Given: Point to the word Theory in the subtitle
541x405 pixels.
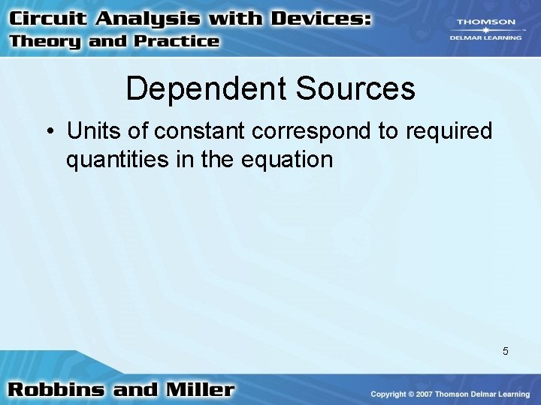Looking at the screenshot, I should tap(46, 41).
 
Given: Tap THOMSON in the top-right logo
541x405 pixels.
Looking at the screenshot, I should tap(487, 22).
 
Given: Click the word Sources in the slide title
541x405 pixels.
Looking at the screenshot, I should tap(355, 88).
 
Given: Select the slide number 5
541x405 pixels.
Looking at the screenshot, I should tap(506, 351).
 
